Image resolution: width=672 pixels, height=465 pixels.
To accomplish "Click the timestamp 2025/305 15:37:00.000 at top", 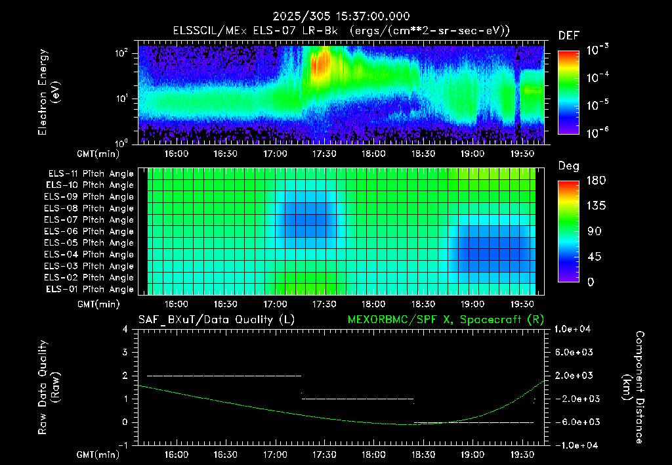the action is pyautogui.click(x=341, y=16).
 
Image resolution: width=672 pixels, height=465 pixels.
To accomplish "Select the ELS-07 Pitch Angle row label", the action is pyautogui.click(x=89, y=219).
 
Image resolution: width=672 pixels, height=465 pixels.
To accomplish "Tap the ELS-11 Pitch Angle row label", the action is pyautogui.click(x=91, y=174).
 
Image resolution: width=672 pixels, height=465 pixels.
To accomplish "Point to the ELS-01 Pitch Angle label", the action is pyautogui.click(x=89, y=289).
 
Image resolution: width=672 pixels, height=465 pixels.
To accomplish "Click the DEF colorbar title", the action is pyautogui.click(x=569, y=36).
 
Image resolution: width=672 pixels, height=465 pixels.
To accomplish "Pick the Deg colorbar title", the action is pyautogui.click(x=569, y=166).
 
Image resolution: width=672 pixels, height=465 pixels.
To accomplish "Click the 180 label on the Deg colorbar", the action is pyautogui.click(x=596, y=180).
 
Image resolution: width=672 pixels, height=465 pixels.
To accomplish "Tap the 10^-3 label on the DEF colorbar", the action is pyautogui.click(x=597, y=50).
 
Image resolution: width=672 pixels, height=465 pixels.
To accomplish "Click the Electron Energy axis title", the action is pyautogui.click(x=48, y=92).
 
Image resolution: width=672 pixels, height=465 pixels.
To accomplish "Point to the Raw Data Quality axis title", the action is pyautogui.click(x=48, y=387).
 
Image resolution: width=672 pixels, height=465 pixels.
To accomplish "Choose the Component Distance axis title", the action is pyautogui.click(x=633, y=387).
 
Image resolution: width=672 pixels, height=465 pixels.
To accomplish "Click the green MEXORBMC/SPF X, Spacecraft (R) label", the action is pyautogui.click(x=446, y=320).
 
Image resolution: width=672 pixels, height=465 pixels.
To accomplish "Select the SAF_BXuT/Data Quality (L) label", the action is pyautogui.click(x=217, y=320).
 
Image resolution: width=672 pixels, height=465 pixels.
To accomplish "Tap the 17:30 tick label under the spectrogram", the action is pyautogui.click(x=324, y=154).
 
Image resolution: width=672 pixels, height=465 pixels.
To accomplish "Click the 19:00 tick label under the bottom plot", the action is pyautogui.click(x=472, y=454).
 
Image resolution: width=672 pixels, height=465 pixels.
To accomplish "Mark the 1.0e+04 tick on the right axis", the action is pyautogui.click(x=572, y=329).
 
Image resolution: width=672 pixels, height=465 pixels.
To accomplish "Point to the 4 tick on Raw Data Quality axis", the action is pyautogui.click(x=125, y=329).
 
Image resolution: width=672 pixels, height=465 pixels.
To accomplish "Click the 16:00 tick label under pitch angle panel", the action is pyautogui.click(x=176, y=304).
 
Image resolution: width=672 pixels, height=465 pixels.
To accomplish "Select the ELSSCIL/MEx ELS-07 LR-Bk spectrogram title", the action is pyautogui.click(x=255, y=31).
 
